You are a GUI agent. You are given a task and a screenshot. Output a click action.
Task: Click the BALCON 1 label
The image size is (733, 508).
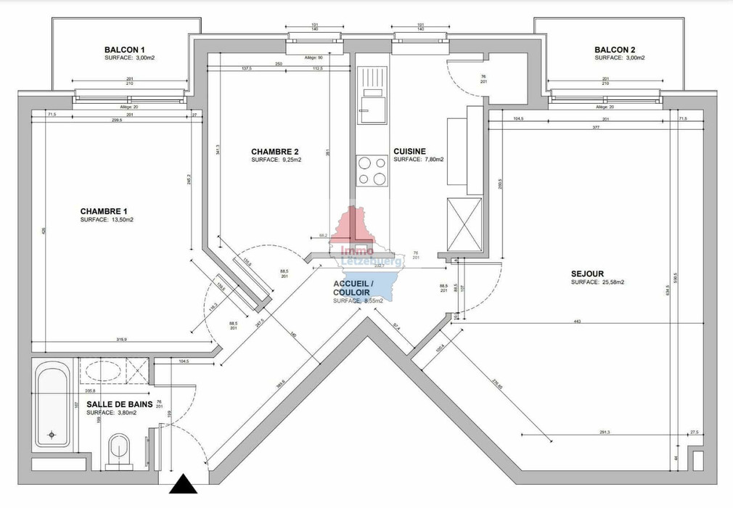[130, 49]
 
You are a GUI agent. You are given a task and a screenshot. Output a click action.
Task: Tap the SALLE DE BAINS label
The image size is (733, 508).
[119, 405]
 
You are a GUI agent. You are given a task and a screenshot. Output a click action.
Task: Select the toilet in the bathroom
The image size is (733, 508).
[118, 450]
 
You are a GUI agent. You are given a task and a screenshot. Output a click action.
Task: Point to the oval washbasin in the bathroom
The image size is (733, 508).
[103, 371]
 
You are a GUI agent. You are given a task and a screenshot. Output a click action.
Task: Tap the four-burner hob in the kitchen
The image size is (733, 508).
[372, 171]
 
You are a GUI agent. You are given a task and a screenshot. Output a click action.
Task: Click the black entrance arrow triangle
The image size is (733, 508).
[183, 484]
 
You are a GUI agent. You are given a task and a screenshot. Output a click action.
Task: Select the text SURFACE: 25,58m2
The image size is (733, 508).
[598, 282]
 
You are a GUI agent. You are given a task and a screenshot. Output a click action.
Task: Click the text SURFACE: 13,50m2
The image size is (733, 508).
[107, 219]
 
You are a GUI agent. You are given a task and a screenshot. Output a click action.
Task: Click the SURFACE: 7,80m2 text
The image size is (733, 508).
[419, 160]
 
